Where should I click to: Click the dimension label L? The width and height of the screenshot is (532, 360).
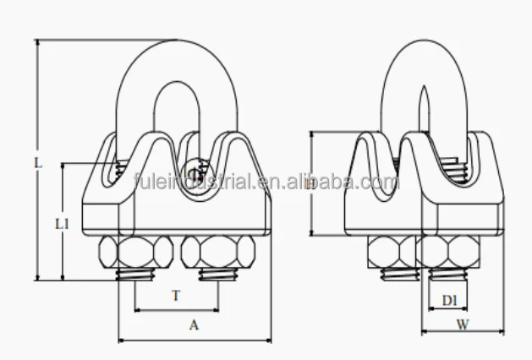pyautogui.click(x=38, y=161)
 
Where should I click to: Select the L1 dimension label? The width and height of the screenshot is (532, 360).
pyautogui.click(x=62, y=224)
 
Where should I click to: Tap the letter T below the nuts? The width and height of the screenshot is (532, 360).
pyautogui.click(x=175, y=297)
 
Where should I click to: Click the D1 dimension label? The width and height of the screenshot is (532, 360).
pyautogui.click(x=449, y=299)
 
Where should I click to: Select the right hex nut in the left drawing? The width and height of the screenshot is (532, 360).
pyautogui.click(x=217, y=252)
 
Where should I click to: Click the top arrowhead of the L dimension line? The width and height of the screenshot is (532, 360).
pyautogui.click(x=38, y=42)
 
